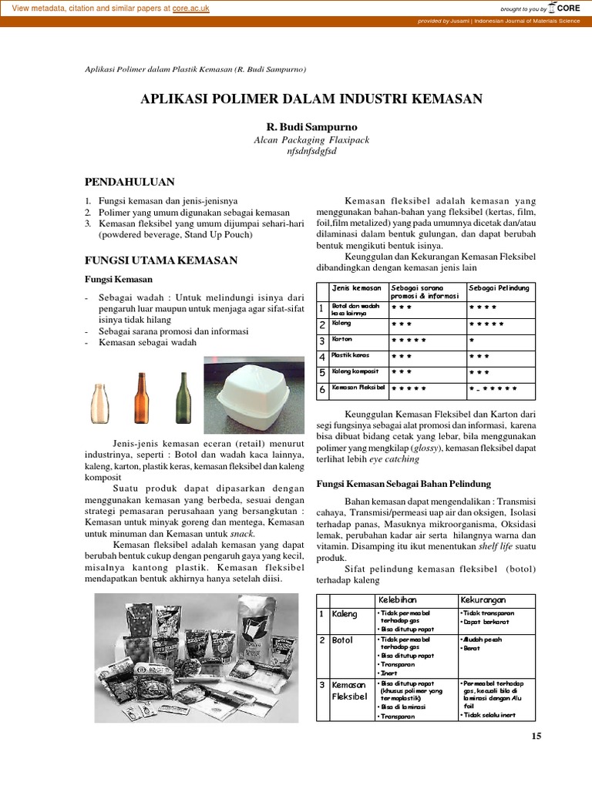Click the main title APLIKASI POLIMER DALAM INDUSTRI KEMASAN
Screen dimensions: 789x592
point(311,99)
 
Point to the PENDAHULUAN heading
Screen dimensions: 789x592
point(129,182)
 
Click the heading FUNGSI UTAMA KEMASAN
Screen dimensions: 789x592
point(160,260)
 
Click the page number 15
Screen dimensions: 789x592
point(537,736)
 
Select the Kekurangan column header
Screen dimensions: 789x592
point(483,599)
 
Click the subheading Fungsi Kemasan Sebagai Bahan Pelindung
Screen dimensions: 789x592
point(404,483)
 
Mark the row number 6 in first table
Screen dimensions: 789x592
point(323,390)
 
